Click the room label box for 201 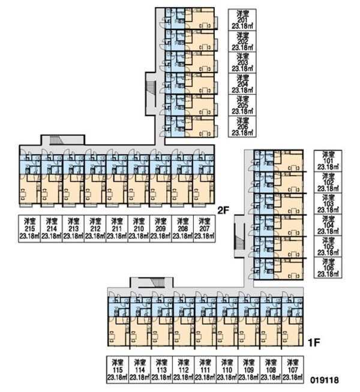(x=242, y=19)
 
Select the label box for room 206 (x=242, y=126)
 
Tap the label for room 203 (x=242, y=62)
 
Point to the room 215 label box (x=29, y=228)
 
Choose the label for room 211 (x=116, y=228)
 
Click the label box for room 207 (x=203, y=228)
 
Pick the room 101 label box (x=328, y=161)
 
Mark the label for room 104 (x=328, y=225)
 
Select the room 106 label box (x=328, y=268)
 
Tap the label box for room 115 (x=117, y=370)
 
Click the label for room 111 (x=204, y=370)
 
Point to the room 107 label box (x=291, y=370)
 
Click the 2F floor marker (x=224, y=210)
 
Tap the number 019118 (x=325, y=380)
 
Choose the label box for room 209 (x=160, y=228)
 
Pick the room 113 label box (x=161, y=370)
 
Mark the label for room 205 (x=242, y=105)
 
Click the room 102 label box (x=328, y=183)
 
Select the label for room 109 (x=247, y=370)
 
